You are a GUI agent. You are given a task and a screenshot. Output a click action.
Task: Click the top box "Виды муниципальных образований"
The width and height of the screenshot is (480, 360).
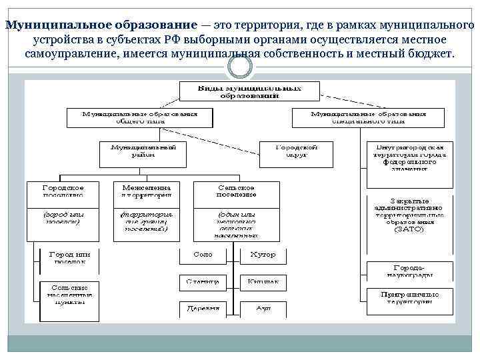249,91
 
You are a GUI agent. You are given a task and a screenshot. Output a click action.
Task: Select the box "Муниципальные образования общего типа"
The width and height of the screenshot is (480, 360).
139,117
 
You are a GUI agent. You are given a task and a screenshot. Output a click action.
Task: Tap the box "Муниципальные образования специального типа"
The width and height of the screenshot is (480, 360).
368,117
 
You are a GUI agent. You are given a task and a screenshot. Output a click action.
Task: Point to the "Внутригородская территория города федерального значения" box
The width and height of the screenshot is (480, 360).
410,157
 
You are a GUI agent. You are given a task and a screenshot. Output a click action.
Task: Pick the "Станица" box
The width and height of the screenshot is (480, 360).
203,283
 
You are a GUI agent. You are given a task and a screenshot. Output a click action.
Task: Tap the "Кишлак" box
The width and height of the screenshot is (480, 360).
262,283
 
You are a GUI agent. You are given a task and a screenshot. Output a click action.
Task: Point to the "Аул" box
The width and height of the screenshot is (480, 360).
262,309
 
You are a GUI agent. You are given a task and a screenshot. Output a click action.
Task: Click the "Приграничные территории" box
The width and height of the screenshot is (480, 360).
409,297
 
